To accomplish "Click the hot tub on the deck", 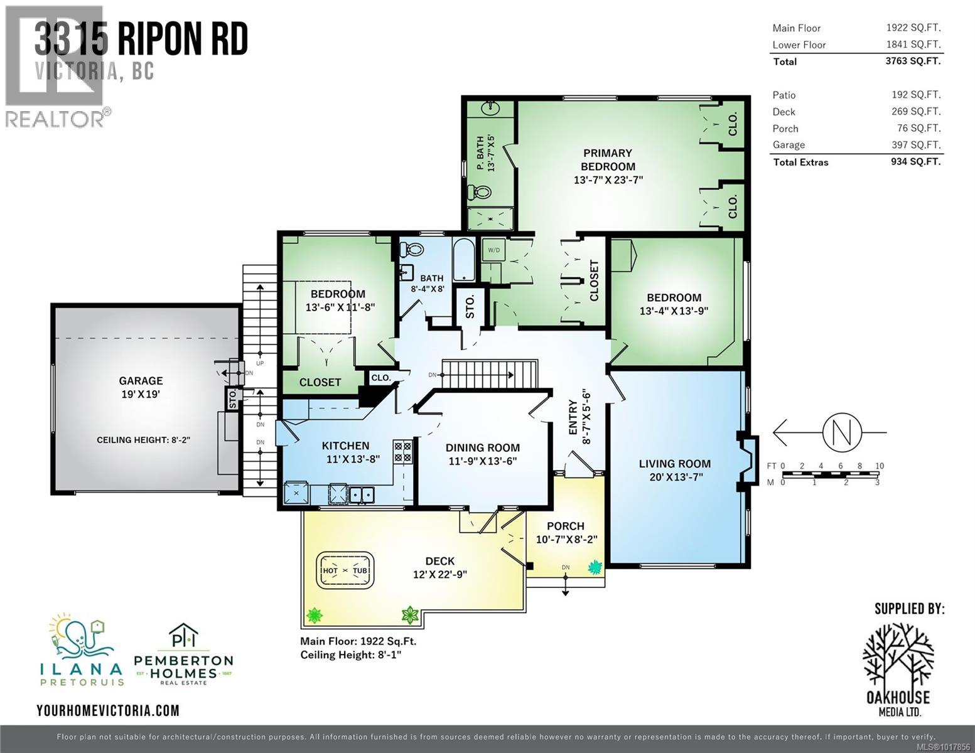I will click(x=345, y=570).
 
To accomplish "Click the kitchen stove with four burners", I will click(x=402, y=452).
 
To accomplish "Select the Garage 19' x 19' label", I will click(x=141, y=387).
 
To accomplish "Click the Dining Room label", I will click(x=482, y=454).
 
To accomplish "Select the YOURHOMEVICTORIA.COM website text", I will click(x=108, y=710).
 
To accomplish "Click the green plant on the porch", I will click(x=594, y=568).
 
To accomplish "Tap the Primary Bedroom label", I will click(x=607, y=159).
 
